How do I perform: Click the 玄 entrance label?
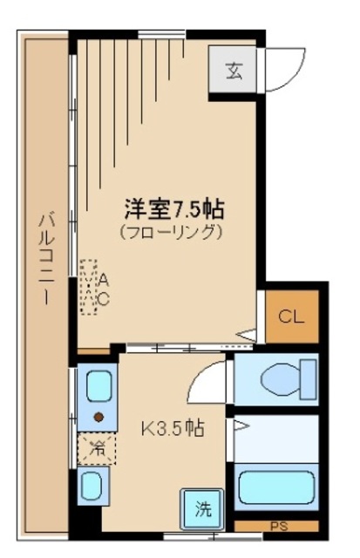tap(234, 71)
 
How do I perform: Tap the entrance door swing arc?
tap(297, 77)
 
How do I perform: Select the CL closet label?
tap(291, 316)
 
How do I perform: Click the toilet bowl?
tap(281, 378)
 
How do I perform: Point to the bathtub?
tap(276, 487)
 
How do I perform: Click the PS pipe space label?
tap(279, 527)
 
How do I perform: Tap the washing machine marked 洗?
tap(202, 508)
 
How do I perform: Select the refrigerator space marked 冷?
tap(97, 448)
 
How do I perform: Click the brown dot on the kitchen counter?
tap(98, 417)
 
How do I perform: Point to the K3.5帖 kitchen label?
tap(173, 428)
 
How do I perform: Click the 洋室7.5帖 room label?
tap(174, 209)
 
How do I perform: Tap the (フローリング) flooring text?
tap(171, 232)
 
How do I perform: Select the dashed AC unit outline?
tap(89, 287)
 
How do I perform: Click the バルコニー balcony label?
tap(47, 258)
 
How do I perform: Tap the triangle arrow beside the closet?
tap(246, 335)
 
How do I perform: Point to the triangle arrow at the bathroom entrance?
tap(241, 425)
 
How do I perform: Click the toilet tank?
tap(309, 379)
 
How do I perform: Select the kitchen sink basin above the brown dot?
tap(98, 387)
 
